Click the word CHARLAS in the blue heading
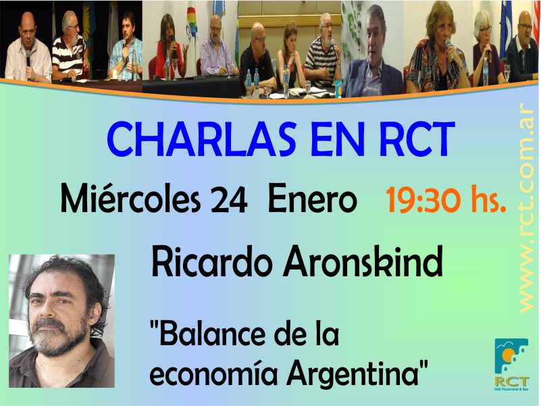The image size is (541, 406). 201,139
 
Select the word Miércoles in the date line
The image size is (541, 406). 130,199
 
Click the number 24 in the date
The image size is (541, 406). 229,200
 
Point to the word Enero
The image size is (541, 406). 312,200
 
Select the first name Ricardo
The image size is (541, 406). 211,261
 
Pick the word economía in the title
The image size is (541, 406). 213,374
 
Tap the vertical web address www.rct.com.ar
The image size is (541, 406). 526,208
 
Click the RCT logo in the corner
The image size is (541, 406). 511,364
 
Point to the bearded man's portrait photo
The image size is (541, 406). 61,321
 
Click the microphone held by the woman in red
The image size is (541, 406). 173,47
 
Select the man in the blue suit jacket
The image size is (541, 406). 372,52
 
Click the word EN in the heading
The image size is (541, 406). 338,139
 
